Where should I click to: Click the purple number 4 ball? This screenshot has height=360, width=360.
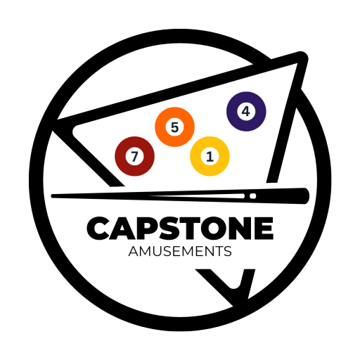(246, 111)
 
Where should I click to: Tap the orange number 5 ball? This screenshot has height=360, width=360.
(174, 127)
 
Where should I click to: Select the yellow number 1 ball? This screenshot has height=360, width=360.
(210, 156)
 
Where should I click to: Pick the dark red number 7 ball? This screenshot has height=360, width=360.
(134, 156)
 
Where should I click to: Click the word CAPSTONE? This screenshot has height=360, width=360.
(180, 229)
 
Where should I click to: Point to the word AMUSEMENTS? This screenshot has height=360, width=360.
(180, 251)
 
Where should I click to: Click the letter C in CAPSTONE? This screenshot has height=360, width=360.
(97, 229)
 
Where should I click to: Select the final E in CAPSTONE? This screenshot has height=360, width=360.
(264, 229)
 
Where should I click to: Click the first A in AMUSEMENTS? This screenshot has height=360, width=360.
(134, 251)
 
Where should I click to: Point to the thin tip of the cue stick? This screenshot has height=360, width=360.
(52, 196)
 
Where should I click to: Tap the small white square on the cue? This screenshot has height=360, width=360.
(252, 196)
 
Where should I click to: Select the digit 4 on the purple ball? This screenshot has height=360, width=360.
(246, 111)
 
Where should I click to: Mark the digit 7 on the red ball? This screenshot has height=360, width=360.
(134, 156)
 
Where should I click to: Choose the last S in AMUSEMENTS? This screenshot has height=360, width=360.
(227, 251)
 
